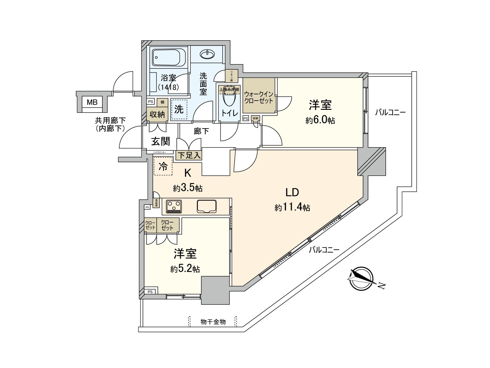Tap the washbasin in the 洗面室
coord(208,55)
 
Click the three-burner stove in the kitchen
coord(174,206)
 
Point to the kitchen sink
coord(207,206)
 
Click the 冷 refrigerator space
coord(163,167)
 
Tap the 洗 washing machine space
coord(179,109)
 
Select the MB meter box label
coord(92,102)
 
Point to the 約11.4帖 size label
coord(292,208)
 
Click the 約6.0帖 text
coord(320,121)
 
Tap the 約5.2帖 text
coord(185,269)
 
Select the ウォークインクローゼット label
coord(258,98)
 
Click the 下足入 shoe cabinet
coord(189,155)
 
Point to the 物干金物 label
coord(213,322)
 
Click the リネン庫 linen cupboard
coord(231,76)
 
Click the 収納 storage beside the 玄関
coord(157,114)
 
